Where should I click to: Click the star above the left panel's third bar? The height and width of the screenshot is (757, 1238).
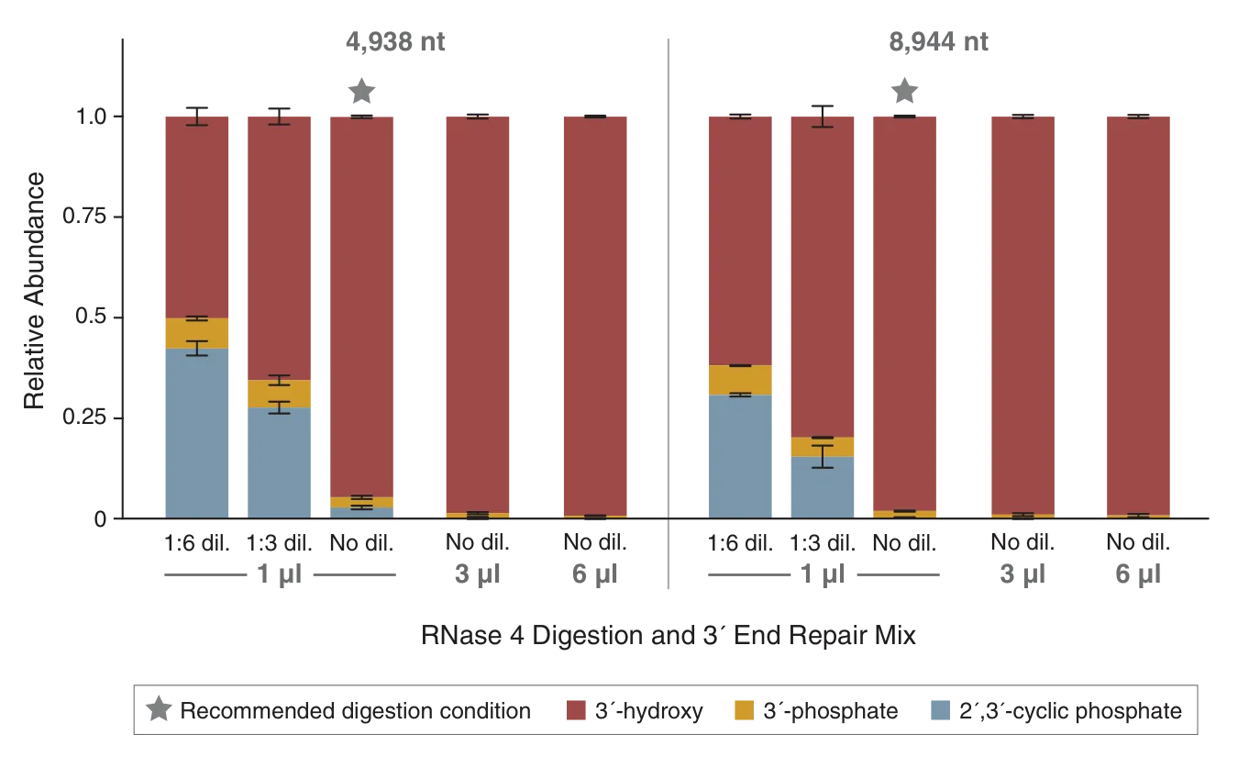[363, 90]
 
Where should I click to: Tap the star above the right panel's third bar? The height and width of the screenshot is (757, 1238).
[907, 90]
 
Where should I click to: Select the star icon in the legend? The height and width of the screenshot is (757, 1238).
[156, 710]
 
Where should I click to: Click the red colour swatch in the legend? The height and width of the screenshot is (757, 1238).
[576, 710]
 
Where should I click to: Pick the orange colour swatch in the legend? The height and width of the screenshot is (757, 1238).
[744, 710]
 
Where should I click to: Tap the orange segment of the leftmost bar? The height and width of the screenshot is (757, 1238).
[197, 333]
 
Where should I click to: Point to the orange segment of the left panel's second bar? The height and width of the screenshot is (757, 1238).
[279, 394]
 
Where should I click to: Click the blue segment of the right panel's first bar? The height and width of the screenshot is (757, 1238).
[739, 456]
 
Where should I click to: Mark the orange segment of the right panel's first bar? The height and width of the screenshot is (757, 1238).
[739, 380]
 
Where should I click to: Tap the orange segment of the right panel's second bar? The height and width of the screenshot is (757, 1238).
[822, 447]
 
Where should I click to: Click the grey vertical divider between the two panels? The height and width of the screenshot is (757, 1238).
[668, 312]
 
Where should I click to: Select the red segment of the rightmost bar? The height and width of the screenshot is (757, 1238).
[1137, 312]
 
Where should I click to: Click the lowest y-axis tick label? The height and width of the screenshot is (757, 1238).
[99, 519]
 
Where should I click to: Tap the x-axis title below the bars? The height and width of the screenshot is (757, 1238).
[668, 635]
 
